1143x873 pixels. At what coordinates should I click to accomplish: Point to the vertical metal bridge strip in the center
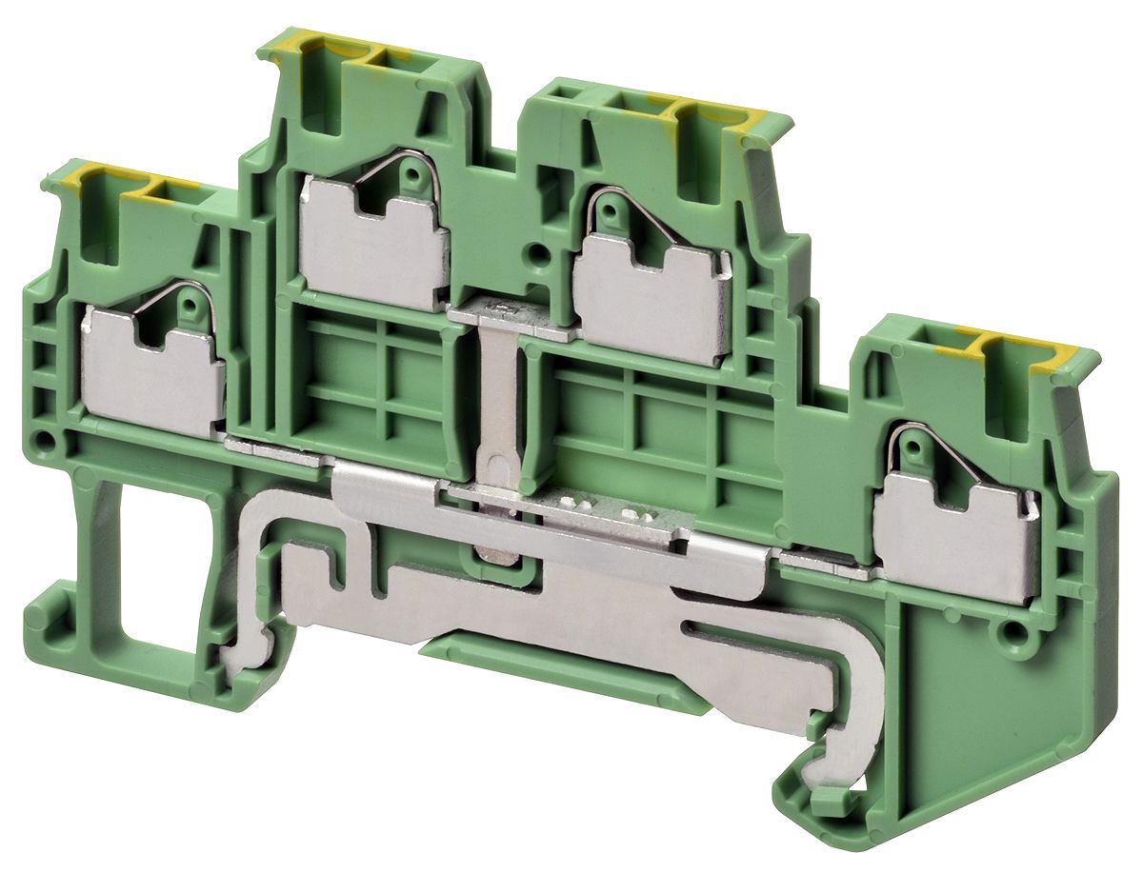pyautogui.click(x=496, y=400)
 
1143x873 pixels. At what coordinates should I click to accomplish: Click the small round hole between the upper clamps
pyautogui.click(x=539, y=254)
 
